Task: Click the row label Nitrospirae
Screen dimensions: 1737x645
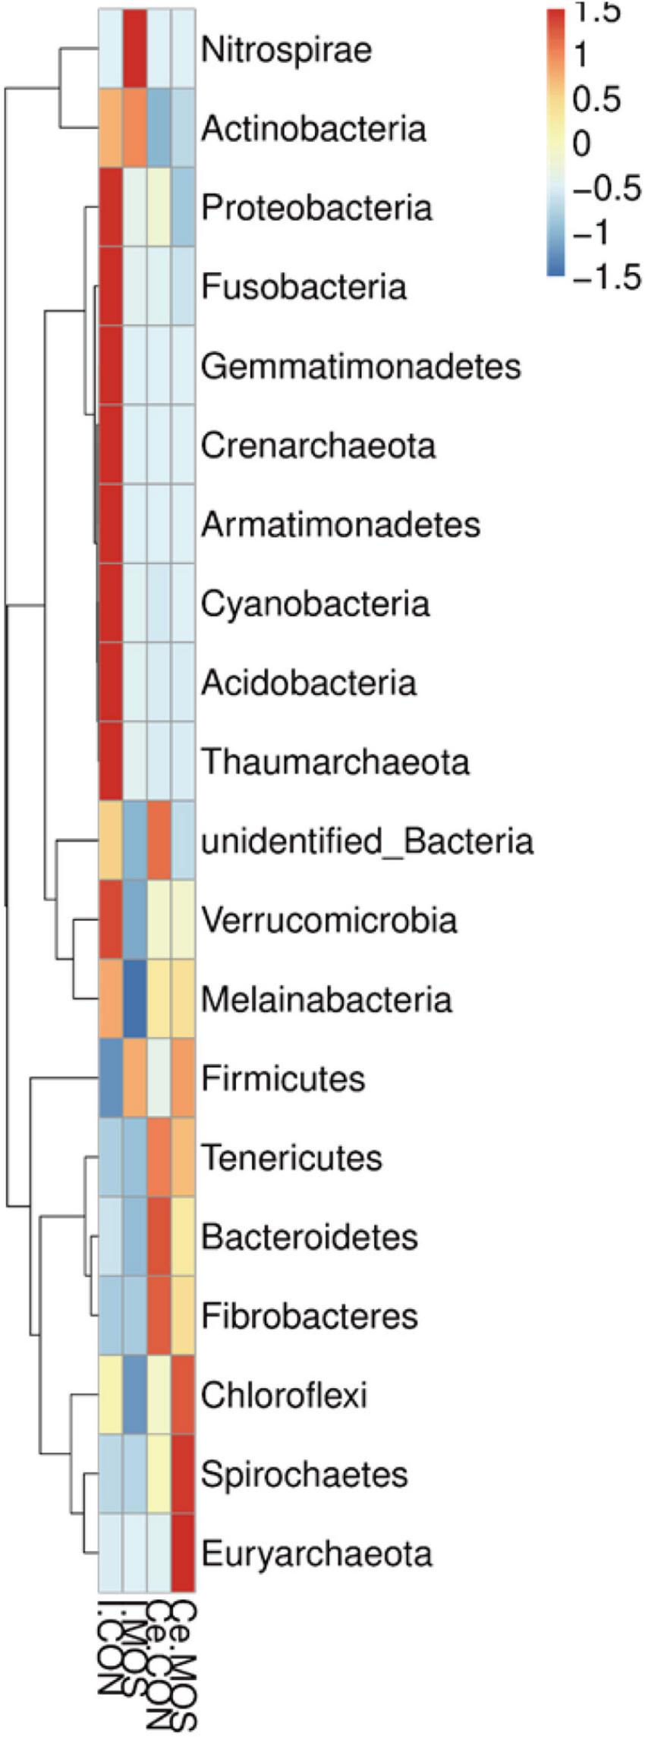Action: coord(286,50)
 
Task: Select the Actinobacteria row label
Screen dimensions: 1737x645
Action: coord(313,129)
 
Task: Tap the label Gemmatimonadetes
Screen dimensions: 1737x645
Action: coord(361,366)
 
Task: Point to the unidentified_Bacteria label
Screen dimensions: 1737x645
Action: coord(367,841)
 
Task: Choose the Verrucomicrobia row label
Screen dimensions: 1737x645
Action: coord(329,920)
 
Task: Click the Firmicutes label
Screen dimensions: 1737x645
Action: coord(283,1078)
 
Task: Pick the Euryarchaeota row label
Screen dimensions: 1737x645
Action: coord(316,1553)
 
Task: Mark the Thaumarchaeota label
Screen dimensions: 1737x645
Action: coord(335,762)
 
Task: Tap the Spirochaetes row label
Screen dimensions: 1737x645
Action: coord(304,1474)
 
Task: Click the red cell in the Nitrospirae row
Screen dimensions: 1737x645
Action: coord(135,50)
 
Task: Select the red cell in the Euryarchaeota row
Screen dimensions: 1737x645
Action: coord(184,1553)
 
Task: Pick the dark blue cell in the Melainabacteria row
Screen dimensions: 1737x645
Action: coord(135,999)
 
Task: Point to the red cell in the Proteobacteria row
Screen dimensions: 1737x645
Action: coord(111,208)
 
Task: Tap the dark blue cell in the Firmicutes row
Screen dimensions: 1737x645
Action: coord(111,1078)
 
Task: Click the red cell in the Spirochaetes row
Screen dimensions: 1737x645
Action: coord(184,1474)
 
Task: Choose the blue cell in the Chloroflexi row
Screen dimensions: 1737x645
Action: coord(135,1395)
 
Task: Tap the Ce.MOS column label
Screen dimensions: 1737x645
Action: coord(184,1669)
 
